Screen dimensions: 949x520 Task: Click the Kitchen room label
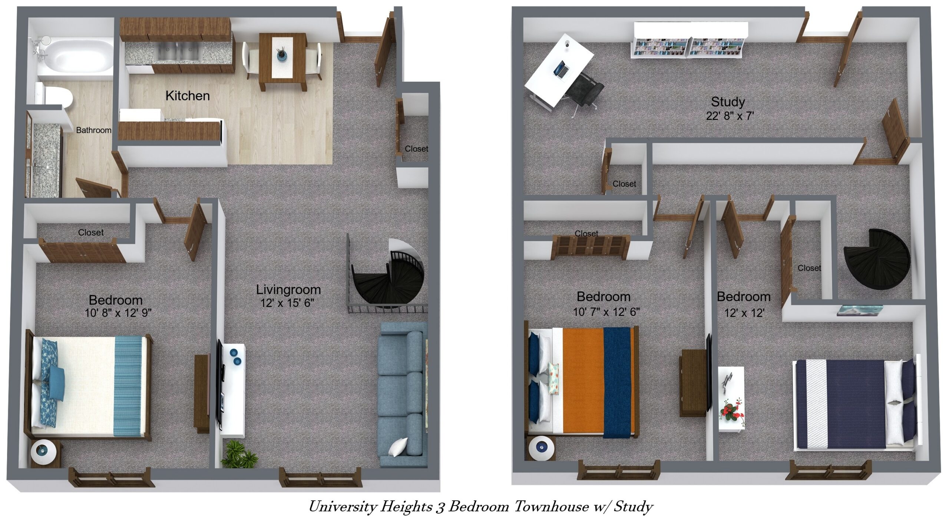[x=187, y=96]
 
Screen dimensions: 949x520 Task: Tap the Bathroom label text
[x=93, y=130]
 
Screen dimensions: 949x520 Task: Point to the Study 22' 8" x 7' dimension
[x=730, y=116]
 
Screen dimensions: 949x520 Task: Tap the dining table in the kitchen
[x=283, y=61]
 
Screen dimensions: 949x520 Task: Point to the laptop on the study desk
[x=561, y=70]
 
